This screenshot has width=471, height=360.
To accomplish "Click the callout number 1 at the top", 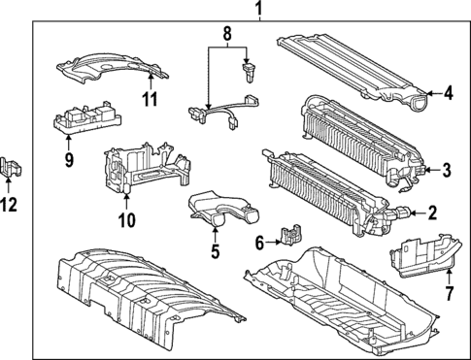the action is tap(258, 9).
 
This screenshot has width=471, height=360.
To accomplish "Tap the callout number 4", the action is tap(449, 94).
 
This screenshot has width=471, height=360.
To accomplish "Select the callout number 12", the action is tap(9, 205).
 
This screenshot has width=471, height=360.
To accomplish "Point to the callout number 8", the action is tap(227, 33).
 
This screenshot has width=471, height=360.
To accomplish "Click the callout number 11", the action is tap(151, 99).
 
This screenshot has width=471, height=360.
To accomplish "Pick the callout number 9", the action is tap(69, 160).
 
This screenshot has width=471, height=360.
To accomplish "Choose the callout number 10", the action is tap(127, 220).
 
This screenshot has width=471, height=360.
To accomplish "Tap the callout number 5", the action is tap(216, 251).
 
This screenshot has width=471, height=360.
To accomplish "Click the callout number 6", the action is tap(259, 243).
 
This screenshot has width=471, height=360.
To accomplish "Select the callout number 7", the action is tap(449, 293).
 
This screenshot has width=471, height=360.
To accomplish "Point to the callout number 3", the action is tap(447, 170).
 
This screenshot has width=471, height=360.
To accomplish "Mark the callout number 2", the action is tap(432, 213).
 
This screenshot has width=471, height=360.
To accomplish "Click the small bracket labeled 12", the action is tap(11, 167).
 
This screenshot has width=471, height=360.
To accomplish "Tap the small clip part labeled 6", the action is tap(292, 235).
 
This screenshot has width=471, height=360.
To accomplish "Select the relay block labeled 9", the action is tap(86, 119).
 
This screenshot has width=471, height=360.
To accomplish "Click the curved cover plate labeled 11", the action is tap(113, 70).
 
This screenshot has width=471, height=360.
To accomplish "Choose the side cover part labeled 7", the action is tap(426, 256).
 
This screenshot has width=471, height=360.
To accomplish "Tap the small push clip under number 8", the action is tap(250, 73).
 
